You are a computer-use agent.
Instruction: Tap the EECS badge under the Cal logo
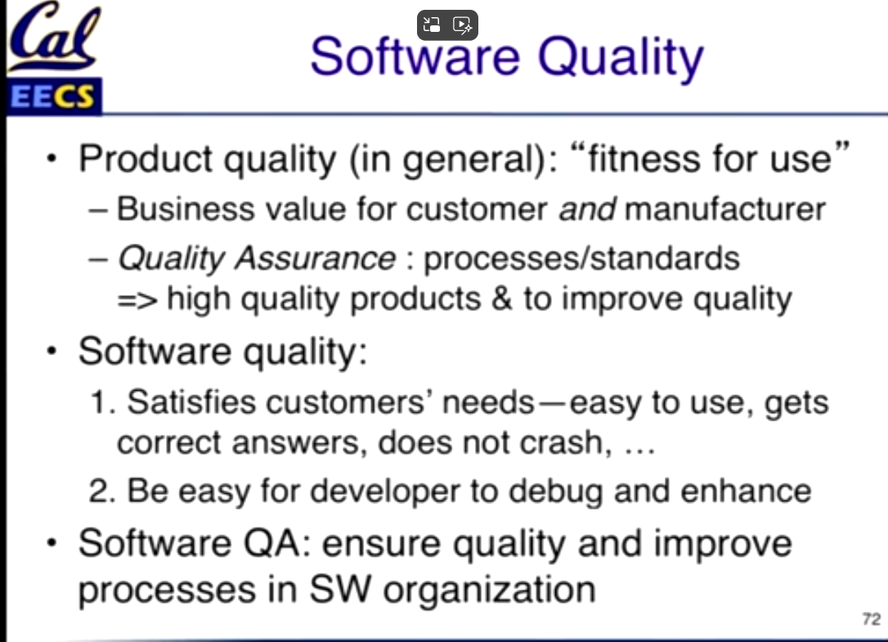54,97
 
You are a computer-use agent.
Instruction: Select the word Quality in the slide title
621,58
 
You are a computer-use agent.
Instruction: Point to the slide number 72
872,619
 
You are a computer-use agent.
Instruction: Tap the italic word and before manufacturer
587,209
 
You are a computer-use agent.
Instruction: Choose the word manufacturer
725,209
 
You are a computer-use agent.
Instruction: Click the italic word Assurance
316,258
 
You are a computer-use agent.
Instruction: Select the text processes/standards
581,258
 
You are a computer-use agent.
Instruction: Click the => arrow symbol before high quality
137,300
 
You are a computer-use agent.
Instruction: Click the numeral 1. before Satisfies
103,402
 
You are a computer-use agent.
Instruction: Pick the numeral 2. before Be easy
102,491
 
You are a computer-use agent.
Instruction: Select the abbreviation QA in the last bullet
276,543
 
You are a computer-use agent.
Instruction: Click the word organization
489,590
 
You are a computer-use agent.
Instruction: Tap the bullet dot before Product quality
52,158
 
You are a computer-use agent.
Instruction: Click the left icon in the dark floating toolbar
432,25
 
